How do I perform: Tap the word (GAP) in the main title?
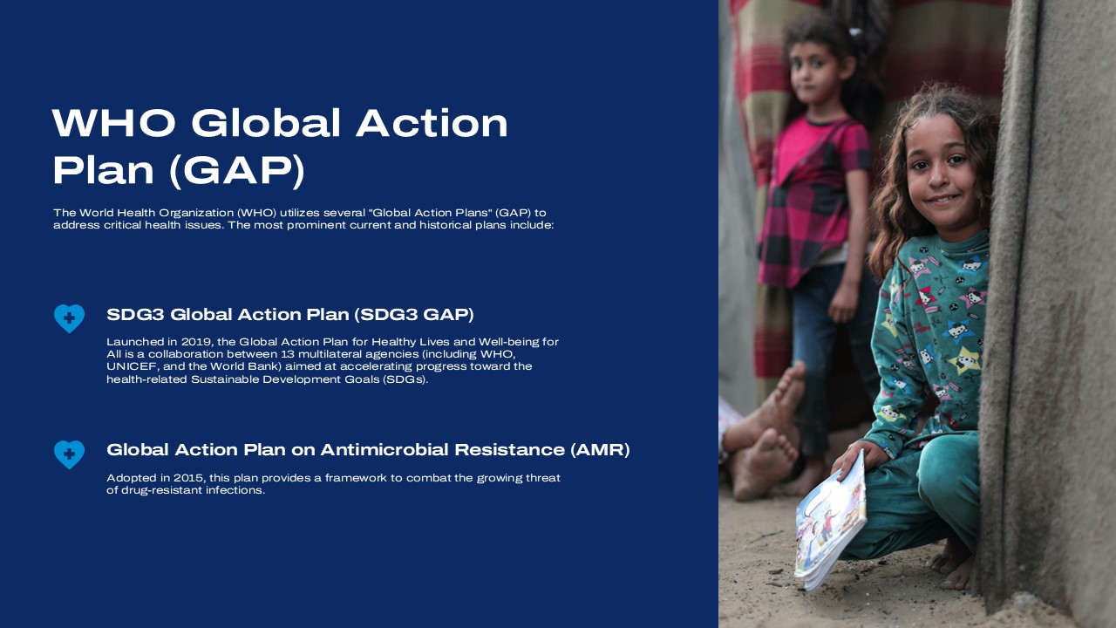[x=235, y=171]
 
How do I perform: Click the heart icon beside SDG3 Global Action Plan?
[x=69, y=318]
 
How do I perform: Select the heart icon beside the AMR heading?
[x=69, y=454]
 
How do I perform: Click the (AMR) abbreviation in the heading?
[x=600, y=450]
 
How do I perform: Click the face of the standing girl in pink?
[x=815, y=74]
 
